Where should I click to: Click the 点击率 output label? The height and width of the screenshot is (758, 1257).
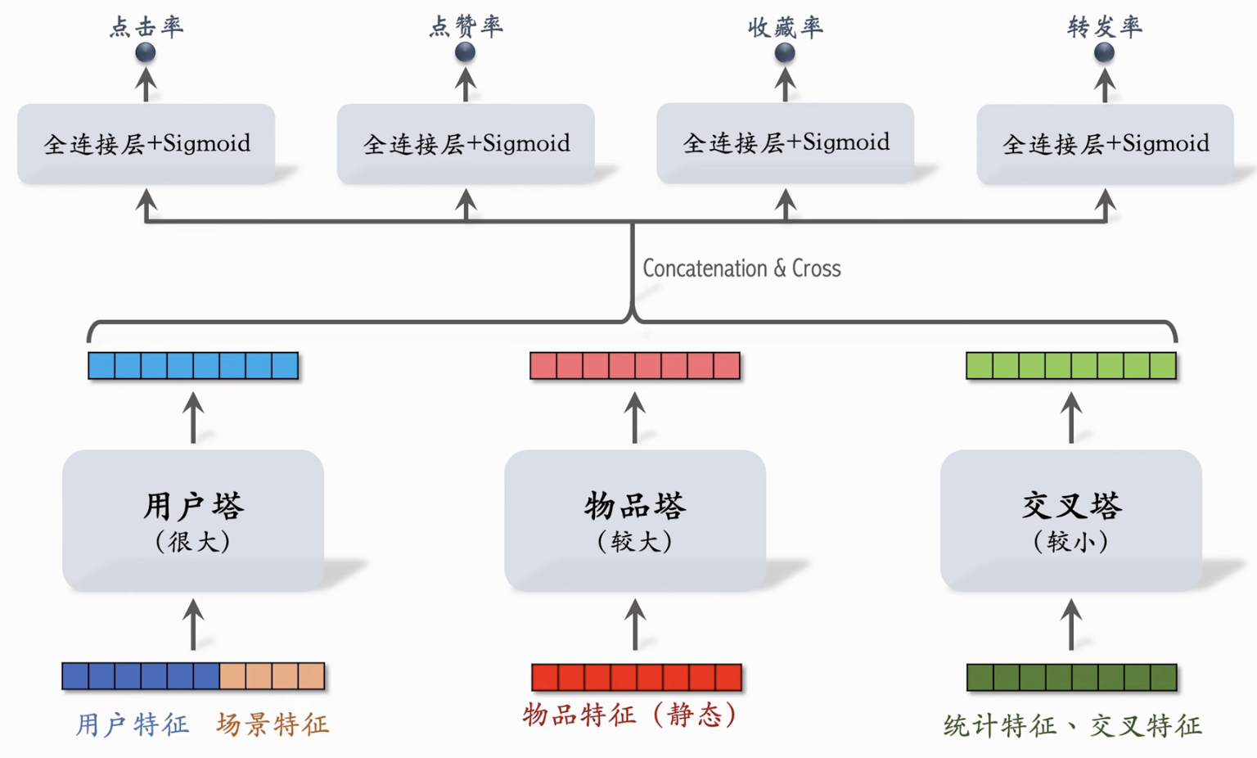tap(146, 26)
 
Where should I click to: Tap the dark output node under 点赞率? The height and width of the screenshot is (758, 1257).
tap(465, 52)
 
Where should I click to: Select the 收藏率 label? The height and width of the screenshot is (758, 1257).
tap(785, 27)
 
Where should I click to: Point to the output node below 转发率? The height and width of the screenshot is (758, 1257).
tap(1104, 52)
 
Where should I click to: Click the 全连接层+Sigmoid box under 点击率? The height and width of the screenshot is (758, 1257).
tap(146, 143)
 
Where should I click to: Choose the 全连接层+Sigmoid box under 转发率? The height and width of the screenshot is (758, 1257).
tap(1105, 144)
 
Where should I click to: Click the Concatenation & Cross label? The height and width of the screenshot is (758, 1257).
tap(741, 268)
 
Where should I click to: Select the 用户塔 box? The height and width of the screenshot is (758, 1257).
tap(193, 520)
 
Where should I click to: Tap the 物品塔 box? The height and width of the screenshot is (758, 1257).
tap(635, 520)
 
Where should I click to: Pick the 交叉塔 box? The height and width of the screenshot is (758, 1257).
tap(1071, 520)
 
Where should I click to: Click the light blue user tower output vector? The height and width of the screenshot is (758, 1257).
tap(193, 365)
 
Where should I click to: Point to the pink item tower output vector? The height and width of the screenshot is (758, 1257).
tap(635, 365)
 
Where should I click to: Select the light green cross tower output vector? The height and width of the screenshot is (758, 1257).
tap(1071, 365)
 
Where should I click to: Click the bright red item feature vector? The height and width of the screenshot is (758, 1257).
tap(636, 677)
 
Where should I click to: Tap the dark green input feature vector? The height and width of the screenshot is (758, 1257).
tap(1071, 677)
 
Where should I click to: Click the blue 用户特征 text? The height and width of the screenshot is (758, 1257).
tap(133, 724)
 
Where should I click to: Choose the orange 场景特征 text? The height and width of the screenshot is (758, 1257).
tap(273, 724)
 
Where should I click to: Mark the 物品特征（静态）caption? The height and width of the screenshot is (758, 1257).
tap(630, 715)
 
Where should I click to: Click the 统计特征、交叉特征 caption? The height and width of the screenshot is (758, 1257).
tap(1072, 725)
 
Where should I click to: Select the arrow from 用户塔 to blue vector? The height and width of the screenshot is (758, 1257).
tap(193, 417)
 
